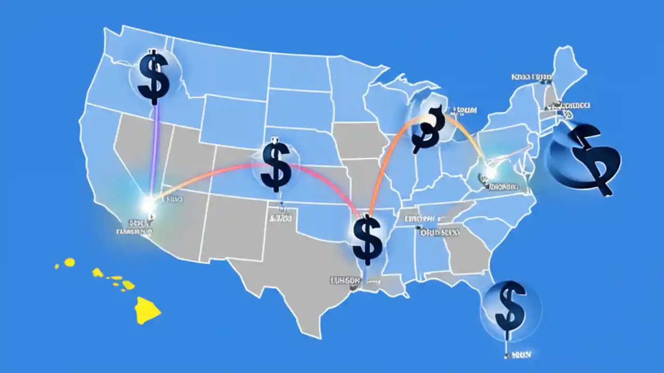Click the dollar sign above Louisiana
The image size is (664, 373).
point(367,240)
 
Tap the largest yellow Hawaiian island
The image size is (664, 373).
point(146,310)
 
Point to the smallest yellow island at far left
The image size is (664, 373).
point(57,267)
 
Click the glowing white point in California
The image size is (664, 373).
point(150,203)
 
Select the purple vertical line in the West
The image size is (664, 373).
point(154,150)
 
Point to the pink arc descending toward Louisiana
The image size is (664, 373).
point(332,181)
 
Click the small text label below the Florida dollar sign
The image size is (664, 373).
point(519,355)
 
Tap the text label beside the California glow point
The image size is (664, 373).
point(174,198)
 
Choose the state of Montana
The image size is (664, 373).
point(223,67)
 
